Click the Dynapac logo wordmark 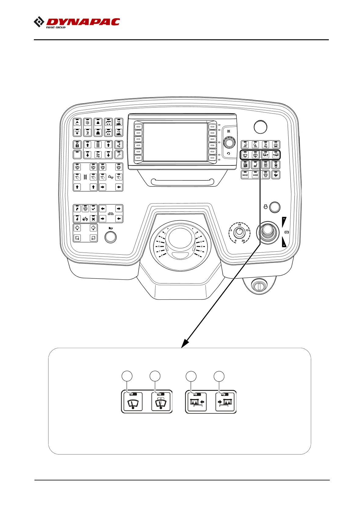click(x=82, y=22)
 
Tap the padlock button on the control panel click(x=77, y=145)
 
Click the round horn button click(x=110, y=237)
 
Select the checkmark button click(x=93, y=209)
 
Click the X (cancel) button click(x=93, y=219)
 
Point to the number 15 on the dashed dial click(x=247, y=230)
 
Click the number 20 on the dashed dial click(x=243, y=241)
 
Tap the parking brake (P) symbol click(x=286, y=232)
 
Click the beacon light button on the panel click(x=276, y=145)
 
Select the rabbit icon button click(x=276, y=175)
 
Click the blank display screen click(x=175, y=142)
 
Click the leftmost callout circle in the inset click(x=127, y=376)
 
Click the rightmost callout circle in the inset click(x=219, y=376)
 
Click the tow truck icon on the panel click(x=85, y=219)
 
